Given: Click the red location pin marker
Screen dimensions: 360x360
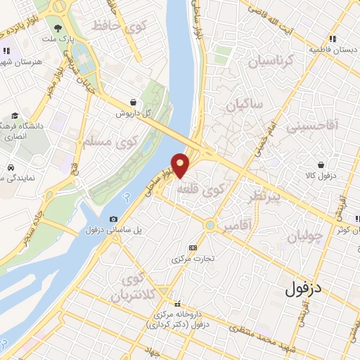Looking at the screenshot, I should pyautogui.click(x=181, y=164).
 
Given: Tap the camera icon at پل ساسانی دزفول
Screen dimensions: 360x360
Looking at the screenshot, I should pyautogui.click(x=114, y=220).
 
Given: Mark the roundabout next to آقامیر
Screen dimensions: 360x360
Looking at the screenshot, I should pyautogui.click(x=210, y=225).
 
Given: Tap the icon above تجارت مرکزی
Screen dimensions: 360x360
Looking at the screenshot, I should pyautogui.click(x=193, y=247).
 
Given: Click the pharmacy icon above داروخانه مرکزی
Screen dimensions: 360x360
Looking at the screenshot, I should pyautogui.click(x=177, y=303).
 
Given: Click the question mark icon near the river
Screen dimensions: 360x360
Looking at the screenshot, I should pyautogui.click(x=127, y=198).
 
